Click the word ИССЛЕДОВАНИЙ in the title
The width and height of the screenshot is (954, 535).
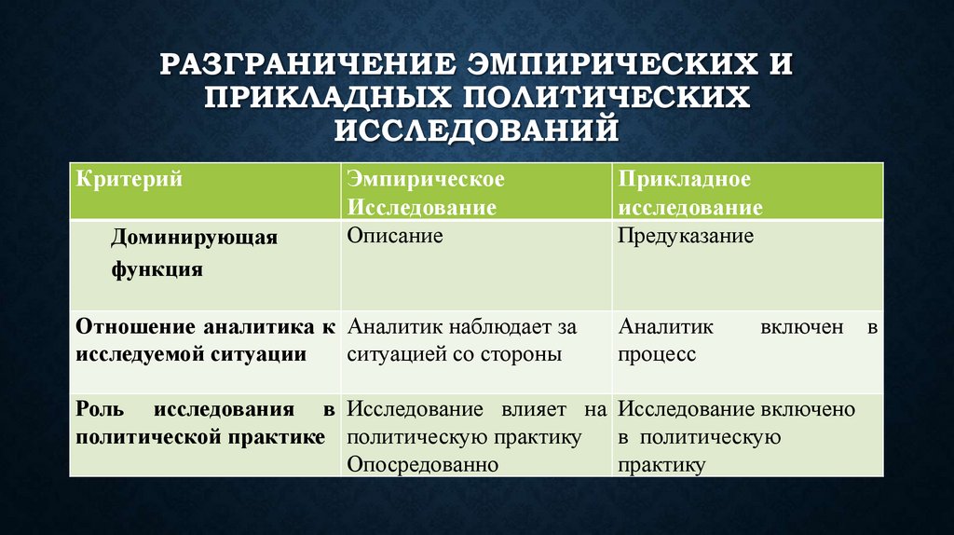point(477,129)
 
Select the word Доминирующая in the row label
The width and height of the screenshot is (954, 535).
point(195,237)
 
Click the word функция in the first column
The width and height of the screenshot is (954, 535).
point(157,269)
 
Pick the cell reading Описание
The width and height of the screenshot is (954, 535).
point(395,236)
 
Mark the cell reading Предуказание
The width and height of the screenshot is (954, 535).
point(687,236)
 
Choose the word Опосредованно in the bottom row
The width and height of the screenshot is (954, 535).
point(421,464)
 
